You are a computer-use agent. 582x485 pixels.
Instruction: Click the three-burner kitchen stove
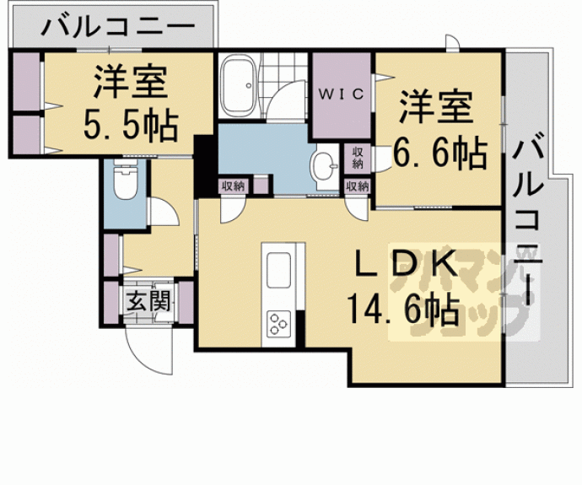point(278,323)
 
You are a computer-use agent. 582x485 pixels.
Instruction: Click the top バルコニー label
point(116,27)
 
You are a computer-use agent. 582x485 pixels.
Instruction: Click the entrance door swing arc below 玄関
point(142,346)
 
